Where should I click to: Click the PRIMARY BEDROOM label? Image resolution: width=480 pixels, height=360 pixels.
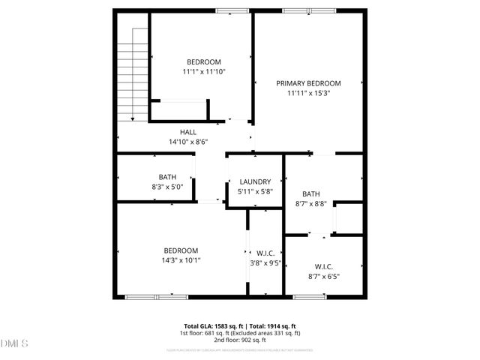click(x=308, y=83)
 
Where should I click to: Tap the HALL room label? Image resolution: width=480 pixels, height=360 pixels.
click(x=187, y=132)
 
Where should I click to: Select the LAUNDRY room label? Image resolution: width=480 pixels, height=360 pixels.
click(x=255, y=182)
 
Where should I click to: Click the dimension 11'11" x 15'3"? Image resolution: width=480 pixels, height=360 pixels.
click(x=308, y=94)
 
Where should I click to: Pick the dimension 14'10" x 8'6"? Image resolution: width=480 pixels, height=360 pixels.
click(x=187, y=142)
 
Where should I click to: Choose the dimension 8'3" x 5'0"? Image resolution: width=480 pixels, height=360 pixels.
click(x=167, y=187)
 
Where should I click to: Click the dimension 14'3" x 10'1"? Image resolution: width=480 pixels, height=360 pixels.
click(x=181, y=260)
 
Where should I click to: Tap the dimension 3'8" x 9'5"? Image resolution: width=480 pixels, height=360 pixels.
click(x=265, y=263)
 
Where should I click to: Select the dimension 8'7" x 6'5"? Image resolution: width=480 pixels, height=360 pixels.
click(x=324, y=277)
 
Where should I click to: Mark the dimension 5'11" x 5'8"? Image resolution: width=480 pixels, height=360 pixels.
click(x=255, y=192)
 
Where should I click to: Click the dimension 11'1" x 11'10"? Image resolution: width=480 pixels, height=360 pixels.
click(x=204, y=72)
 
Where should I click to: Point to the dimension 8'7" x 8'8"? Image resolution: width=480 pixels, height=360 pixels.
click(x=310, y=203)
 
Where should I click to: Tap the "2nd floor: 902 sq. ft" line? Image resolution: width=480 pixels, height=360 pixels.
click(x=240, y=340)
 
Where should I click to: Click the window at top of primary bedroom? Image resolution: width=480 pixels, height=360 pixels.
click(x=309, y=10)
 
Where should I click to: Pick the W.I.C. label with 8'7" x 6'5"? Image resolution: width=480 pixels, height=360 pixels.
click(x=324, y=266)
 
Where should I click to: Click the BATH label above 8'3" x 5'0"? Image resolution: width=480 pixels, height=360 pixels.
click(x=167, y=177)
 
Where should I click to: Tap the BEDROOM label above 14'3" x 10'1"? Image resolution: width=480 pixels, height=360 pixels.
click(x=181, y=250)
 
